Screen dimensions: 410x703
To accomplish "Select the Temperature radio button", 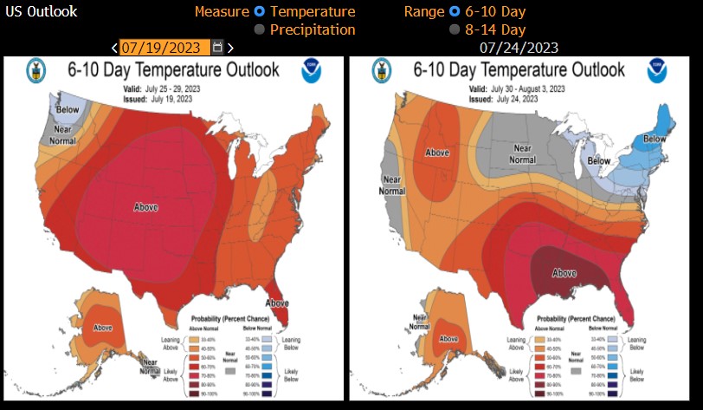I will pos(259,11).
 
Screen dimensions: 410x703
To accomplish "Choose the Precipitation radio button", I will pos(259,29).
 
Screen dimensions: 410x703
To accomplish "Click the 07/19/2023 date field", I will pos(164,47).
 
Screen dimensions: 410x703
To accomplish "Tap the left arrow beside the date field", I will pos(115,47).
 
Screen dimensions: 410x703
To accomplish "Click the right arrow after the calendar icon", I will pos(230,47).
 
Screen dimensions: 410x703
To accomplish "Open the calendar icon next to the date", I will pos(217,47).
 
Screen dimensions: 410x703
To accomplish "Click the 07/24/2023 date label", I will pos(519,47).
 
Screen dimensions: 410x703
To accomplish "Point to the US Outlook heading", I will pos(41,11).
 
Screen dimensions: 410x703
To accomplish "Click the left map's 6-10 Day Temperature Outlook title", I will pos(174,69).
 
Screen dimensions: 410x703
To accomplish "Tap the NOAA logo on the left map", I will pos(312,71).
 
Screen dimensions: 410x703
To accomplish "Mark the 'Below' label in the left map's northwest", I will pos(68,110).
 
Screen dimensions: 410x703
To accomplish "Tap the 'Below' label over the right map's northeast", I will pos(655,139).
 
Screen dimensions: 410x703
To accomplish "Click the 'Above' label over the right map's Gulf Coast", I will pos(564,273).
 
